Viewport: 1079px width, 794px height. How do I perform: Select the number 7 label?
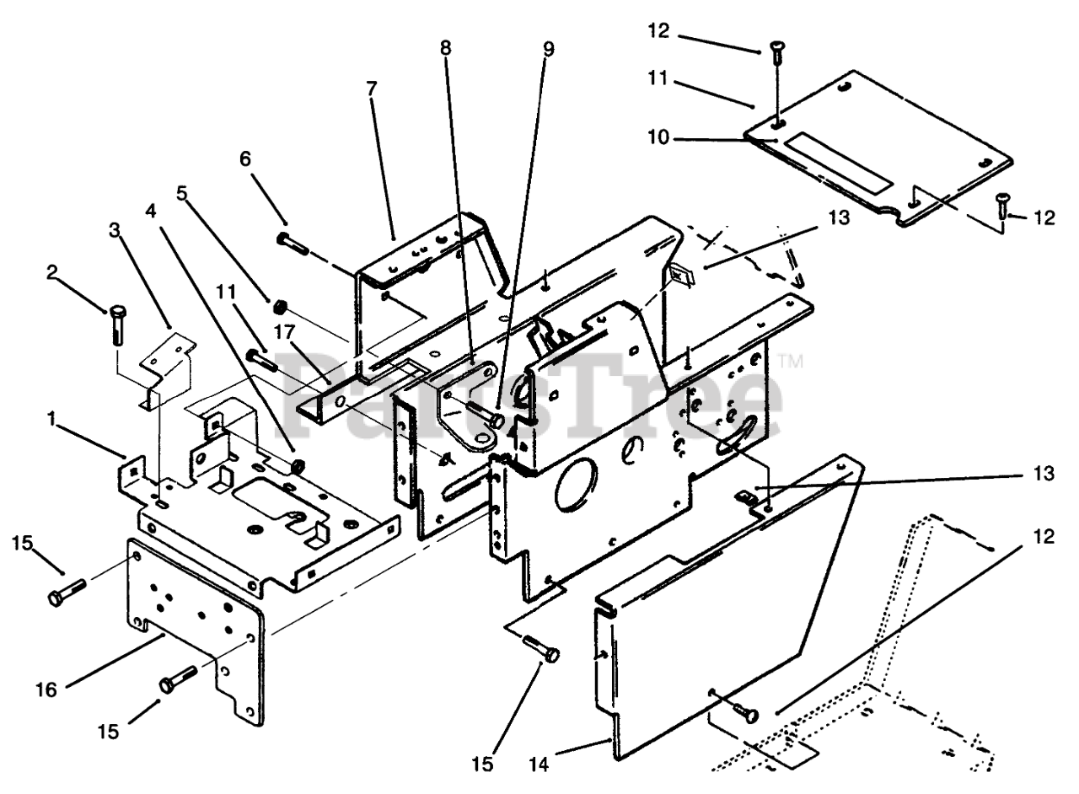pyautogui.click(x=372, y=87)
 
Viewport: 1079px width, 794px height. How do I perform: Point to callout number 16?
pyautogui.click(x=46, y=689)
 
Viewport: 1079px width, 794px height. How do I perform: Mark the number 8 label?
pyautogui.click(x=445, y=48)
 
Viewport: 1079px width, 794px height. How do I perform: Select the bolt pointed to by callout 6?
pyautogui.click(x=294, y=240)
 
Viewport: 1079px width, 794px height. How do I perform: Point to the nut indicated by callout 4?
pyautogui.click(x=297, y=464)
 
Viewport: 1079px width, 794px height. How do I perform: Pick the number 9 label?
pyautogui.click(x=549, y=48)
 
